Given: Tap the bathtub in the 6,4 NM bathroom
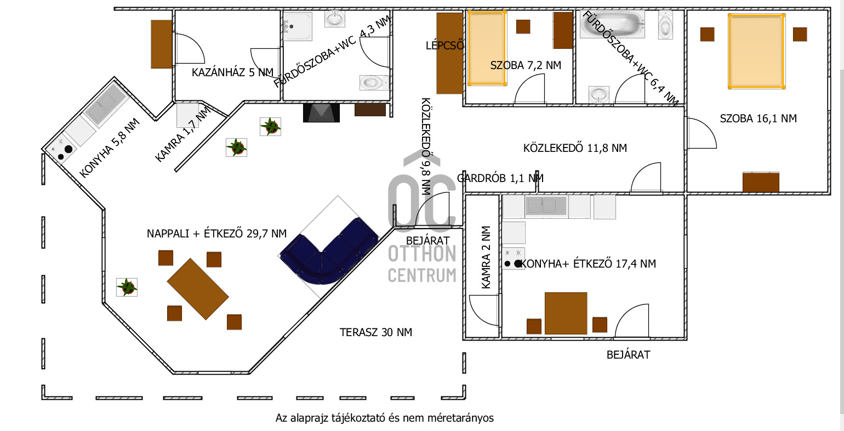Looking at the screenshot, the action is (x=612, y=24).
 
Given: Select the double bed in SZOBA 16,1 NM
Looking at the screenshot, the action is (x=756, y=52).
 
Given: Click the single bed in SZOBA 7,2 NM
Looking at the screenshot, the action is (x=487, y=48).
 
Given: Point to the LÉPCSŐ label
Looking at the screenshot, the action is (x=444, y=46).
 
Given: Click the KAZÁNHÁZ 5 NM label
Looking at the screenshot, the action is (x=232, y=72).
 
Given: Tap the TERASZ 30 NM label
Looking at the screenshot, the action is (x=375, y=332).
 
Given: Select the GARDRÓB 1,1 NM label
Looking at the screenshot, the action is (x=500, y=178).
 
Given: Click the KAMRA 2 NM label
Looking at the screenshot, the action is (x=486, y=258).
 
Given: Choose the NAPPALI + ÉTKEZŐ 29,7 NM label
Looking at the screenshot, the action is (x=216, y=234).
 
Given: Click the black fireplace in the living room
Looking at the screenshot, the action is (x=321, y=113).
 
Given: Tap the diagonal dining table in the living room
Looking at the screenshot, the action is (x=198, y=289).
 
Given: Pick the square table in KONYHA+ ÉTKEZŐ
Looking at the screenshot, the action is (x=566, y=313).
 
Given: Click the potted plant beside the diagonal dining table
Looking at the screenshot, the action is (x=127, y=287).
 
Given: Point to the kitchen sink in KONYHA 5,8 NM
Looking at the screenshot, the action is (x=105, y=106).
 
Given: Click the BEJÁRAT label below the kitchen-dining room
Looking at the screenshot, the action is (x=628, y=355).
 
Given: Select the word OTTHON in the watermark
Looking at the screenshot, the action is (x=422, y=254).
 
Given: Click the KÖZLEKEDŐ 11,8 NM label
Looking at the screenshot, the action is (x=575, y=148).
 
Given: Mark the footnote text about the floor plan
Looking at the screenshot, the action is (x=384, y=418).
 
